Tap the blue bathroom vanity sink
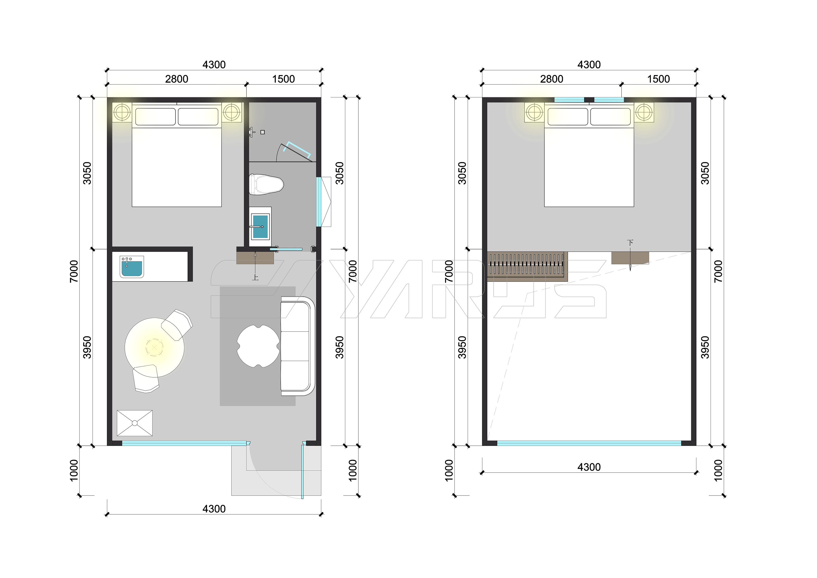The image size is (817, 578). [260, 226]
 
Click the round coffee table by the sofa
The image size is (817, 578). [258, 346]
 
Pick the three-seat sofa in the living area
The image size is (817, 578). [298, 346]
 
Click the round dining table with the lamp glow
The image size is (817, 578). [154, 347]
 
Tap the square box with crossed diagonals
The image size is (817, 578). [135, 423]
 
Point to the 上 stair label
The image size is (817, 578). [255, 277]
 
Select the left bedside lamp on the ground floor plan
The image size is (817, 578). [122, 112]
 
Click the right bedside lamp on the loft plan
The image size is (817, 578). [644, 112]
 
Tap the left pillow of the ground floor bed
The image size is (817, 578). [156, 116]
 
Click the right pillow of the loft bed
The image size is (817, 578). [611, 116]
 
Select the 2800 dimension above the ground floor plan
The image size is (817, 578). [176, 79]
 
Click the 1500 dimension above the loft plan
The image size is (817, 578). [659, 79]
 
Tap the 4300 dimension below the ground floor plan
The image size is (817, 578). [214, 509]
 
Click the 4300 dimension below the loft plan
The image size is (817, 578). [589, 467]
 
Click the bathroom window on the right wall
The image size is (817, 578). [319, 202]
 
